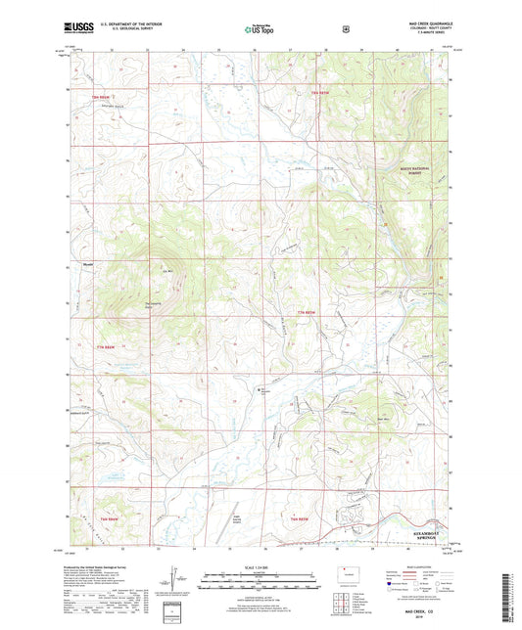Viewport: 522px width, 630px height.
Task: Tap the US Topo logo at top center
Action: pyautogui.click(x=261, y=29)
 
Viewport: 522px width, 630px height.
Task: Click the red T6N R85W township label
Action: pyautogui.click(x=303, y=517)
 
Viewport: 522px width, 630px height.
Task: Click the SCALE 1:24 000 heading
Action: pyautogui.click(x=261, y=566)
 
